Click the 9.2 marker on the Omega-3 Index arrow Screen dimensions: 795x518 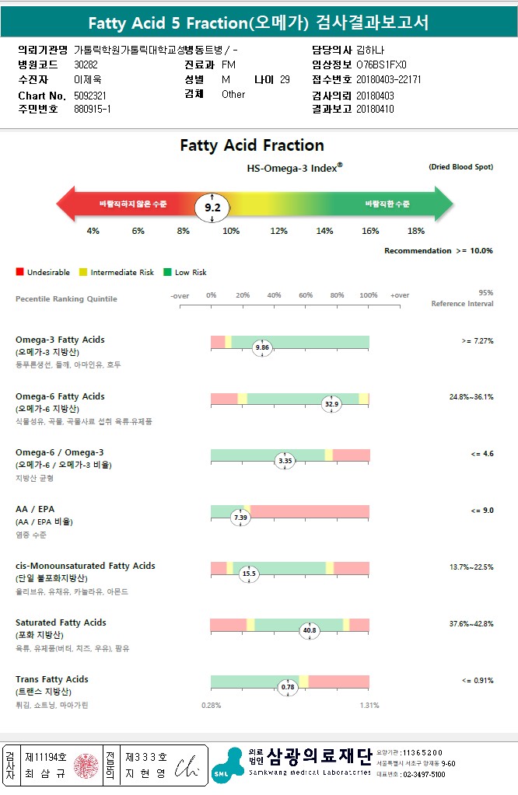pos(212,207)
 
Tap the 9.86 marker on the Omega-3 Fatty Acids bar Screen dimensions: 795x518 pos(262,347)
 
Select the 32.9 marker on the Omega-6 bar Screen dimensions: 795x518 pos(332,403)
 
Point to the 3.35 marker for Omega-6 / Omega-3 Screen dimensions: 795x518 pos(285,461)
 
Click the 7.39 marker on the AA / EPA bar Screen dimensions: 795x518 pos(241,518)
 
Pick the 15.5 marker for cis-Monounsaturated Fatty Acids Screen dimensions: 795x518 pos(249,574)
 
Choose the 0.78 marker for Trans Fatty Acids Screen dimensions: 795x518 pos(289,687)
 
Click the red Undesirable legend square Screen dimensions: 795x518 pos(19,272)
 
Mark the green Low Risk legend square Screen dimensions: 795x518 pos(167,272)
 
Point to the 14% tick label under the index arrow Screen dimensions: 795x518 pos(324,231)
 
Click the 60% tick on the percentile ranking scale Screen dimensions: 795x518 pos(306,295)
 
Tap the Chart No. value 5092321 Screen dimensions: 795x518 pos(90,95)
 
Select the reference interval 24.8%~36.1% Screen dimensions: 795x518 pos(471,396)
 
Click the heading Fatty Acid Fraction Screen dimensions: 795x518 pos(252,145)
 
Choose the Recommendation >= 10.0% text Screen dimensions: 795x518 pos(438,250)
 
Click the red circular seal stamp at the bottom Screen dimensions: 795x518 pos(88,765)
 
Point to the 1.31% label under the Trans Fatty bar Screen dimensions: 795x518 pos(369,706)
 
